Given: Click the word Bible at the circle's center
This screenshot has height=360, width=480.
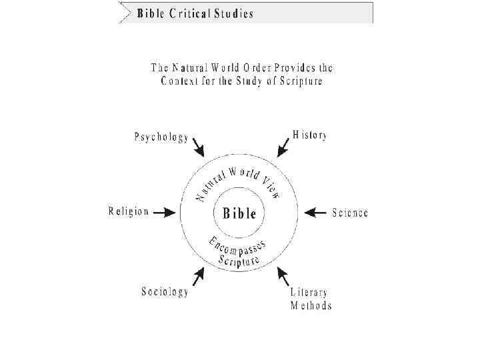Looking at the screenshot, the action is [239, 213].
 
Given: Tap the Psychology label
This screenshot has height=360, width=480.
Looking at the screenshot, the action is [161, 137].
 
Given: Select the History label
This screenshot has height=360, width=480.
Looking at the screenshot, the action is [310, 135].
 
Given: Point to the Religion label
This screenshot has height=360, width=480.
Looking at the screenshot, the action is [129, 212].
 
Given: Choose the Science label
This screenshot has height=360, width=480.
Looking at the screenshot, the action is [350, 213].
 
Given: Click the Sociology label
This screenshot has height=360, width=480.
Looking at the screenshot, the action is [165, 292].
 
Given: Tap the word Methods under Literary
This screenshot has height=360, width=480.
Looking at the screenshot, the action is [311, 307].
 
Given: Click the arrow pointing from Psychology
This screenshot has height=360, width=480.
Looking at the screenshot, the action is [199, 146].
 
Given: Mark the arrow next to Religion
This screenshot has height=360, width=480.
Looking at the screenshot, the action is [166, 213].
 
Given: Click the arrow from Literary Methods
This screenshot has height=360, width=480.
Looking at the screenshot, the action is [283, 277].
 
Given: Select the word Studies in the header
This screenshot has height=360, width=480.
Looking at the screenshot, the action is [233, 14].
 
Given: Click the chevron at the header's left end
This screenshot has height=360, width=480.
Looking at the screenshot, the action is [123, 13].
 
